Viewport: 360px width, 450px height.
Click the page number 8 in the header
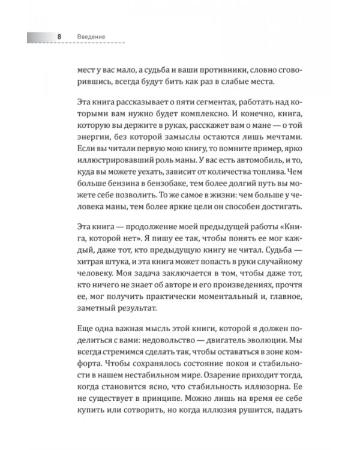[59, 38]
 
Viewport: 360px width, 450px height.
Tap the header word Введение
[91, 38]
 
